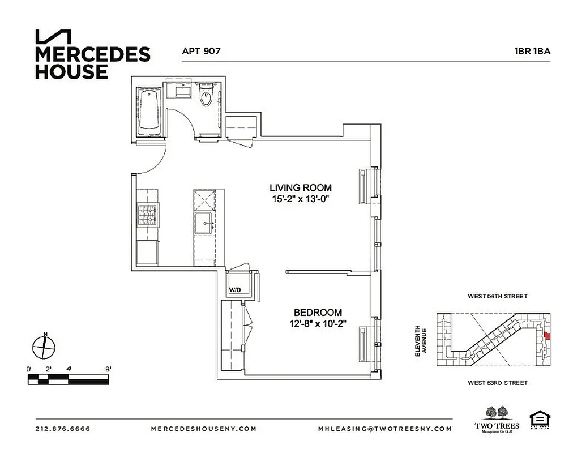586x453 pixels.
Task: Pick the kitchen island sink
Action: pos(204,223)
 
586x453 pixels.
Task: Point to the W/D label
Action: pos(235,290)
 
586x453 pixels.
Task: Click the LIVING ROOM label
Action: pos(300,187)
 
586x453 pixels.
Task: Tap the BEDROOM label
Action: pos(318,312)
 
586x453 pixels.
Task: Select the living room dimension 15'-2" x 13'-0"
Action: pos(300,199)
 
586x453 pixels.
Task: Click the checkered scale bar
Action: pos(68,379)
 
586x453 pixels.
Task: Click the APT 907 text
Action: pos(201,51)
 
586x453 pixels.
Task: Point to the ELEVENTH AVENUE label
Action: pos(420,340)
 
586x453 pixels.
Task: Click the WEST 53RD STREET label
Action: pos(497,383)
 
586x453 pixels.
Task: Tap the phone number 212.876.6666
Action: pos(63,429)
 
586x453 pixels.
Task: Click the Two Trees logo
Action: pos(496,420)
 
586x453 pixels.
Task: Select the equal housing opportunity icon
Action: pos(540,421)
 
